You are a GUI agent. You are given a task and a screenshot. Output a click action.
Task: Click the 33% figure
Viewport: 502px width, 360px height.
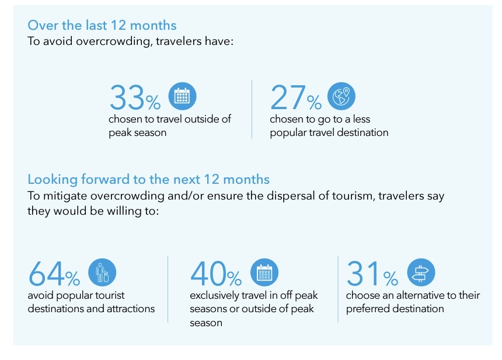(135, 97)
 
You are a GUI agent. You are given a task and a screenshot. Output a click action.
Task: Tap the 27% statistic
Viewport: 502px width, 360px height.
(296, 97)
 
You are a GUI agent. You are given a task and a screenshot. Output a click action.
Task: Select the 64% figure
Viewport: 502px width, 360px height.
(54, 274)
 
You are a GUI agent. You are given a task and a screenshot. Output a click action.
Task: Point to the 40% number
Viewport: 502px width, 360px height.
(216, 274)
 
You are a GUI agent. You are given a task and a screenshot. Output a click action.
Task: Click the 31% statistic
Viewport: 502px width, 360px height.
(372, 274)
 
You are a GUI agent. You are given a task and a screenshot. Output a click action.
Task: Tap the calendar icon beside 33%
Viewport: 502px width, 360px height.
(182, 96)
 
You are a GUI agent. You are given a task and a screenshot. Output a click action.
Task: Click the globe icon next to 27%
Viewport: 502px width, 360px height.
(341, 96)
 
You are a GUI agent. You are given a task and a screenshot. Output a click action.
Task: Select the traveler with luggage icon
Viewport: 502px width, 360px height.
(102, 272)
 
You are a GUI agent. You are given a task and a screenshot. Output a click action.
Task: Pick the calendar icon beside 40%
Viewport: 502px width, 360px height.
(264, 272)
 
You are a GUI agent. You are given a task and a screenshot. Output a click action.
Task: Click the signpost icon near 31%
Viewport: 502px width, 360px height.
(421, 272)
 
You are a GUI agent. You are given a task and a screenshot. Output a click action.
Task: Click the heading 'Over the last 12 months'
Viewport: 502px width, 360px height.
(102, 25)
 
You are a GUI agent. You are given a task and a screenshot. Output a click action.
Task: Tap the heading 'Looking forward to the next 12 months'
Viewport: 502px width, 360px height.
(148, 179)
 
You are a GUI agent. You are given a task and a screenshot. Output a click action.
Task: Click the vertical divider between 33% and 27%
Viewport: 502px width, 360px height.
(252, 110)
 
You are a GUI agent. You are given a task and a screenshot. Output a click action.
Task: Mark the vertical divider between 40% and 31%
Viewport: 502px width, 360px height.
(338, 289)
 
